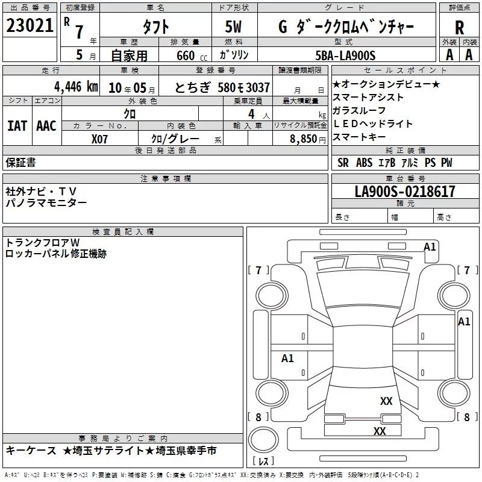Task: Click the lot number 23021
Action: point(29,27)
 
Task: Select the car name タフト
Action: point(155,27)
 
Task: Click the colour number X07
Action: point(99,138)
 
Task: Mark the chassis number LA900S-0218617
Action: point(405,192)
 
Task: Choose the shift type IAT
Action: point(17,125)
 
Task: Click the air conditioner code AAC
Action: point(46,125)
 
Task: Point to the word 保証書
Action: point(20,162)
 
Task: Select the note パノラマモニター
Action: point(46,203)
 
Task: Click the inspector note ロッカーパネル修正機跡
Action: point(55,254)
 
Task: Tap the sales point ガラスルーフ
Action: point(359,110)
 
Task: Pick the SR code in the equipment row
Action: point(343,163)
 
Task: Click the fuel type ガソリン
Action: point(236,55)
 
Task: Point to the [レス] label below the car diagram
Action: point(263,462)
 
